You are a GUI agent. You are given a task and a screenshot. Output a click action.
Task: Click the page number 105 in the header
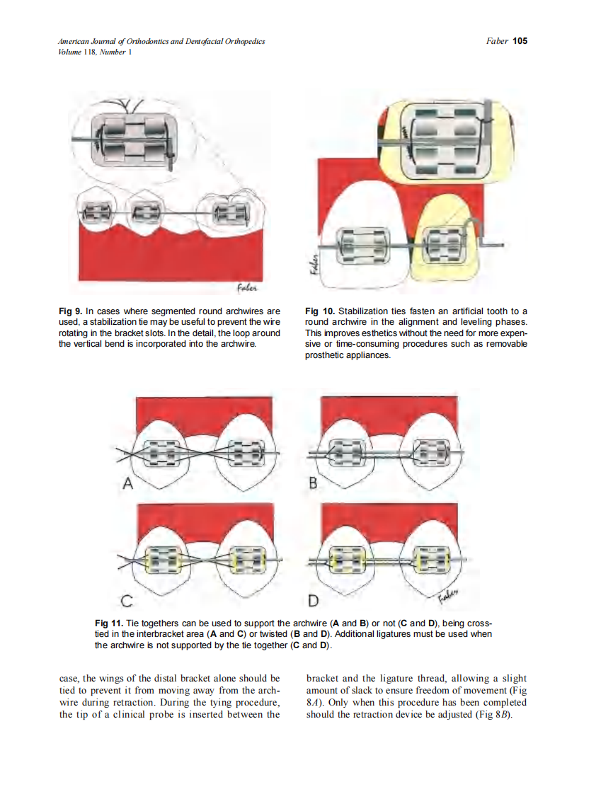point(520,41)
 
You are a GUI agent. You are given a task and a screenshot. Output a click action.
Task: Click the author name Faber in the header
point(497,41)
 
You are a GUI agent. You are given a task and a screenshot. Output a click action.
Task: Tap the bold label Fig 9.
point(71,311)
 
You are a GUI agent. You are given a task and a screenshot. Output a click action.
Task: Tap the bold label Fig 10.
point(320,311)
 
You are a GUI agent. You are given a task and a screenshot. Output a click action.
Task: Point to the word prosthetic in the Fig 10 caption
point(326,355)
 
